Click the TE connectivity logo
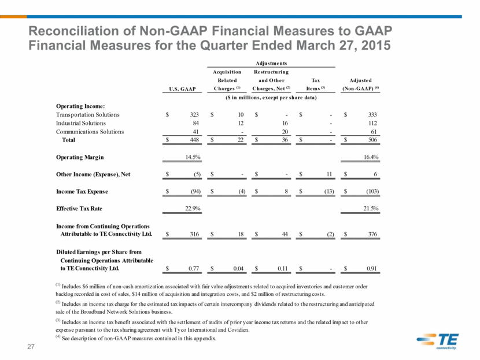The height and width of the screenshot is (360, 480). point(437,341)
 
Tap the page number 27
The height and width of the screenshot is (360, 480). point(31,347)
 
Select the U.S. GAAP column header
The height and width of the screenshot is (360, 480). point(182,89)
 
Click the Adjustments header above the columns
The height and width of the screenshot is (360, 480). point(271,64)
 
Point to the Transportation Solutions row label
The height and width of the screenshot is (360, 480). point(87,114)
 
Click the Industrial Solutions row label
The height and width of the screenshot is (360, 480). point(81,123)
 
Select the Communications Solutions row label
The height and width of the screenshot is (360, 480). point(90,132)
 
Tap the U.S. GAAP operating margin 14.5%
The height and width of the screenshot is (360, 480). point(193,157)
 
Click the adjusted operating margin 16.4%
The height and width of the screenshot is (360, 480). point(371,157)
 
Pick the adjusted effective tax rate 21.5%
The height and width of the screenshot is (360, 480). point(371,209)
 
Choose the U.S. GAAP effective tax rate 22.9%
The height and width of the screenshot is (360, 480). point(193,209)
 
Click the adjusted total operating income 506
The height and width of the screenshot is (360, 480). point(372,140)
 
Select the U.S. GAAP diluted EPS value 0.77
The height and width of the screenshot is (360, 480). point(194,269)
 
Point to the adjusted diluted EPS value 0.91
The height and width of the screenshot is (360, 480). point(372,269)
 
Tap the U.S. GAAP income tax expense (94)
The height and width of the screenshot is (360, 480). point(195,191)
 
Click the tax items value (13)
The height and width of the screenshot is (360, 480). point(329,191)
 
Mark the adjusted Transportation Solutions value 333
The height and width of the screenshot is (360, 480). point(372,114)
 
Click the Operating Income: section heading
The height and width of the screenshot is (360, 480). point(80,106)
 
